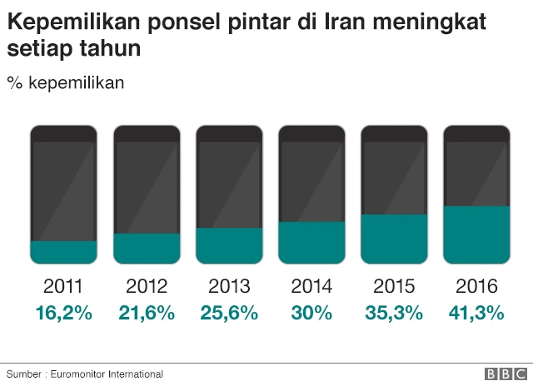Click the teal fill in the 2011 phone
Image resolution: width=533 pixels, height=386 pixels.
click(63, 252)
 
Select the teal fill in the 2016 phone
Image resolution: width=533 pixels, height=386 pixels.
click(476, 235)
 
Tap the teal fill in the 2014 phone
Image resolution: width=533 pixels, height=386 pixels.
click(311, 242)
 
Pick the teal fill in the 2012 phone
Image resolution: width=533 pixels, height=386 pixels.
click(147, 248)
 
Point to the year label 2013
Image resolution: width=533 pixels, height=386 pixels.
click(229, 287)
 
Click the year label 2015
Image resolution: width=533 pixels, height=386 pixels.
click(394, 287)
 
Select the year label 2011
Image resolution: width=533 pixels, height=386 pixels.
click(63, 287)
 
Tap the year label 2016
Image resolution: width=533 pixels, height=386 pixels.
click(476, 287)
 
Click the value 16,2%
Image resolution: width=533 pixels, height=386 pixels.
click(63, 313)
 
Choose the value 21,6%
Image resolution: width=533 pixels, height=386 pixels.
click(147, 313)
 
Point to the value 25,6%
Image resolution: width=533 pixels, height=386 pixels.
click(229, 313)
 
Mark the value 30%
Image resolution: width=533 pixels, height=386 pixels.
click(311, 313)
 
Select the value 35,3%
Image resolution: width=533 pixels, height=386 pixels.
click(394, 313)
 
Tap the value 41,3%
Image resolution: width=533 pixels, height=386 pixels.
click(476, 313)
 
